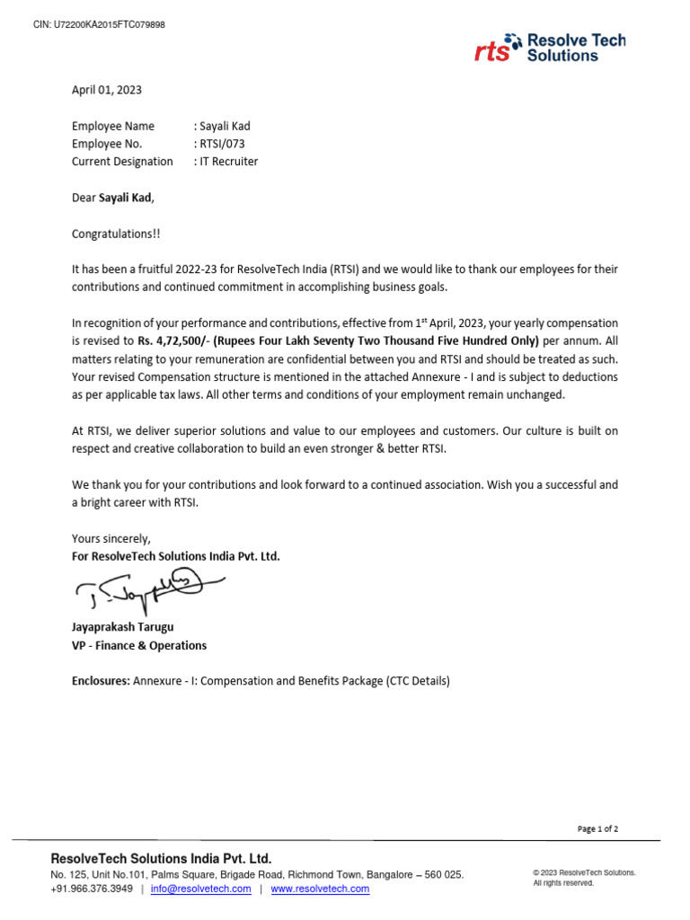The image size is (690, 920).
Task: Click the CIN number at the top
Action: [x=99, y=24]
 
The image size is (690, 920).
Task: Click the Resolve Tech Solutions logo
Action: [x=550, y=48]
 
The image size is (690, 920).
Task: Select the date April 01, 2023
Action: [x=107, y=90]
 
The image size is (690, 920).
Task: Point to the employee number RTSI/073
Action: [x=222, y=144]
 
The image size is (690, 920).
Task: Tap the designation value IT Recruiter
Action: [x=228, y=162]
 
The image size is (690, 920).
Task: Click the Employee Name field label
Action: [x=113, y=126]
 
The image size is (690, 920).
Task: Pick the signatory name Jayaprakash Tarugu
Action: [x=123, y=627]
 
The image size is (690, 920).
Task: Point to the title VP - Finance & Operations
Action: [x=139, y=645]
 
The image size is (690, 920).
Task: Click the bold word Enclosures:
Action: [x=101, y=681]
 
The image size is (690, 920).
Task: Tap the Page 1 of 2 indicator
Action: [x=597, y=829]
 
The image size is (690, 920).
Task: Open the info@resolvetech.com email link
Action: [x=200, y=889]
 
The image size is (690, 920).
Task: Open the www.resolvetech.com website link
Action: [x=320, y=889]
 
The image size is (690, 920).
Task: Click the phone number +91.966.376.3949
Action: [x=92, y=889]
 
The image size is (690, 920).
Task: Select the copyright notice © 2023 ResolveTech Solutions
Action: [x=584, y=872]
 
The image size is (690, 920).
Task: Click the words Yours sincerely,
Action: [x=111, y=538]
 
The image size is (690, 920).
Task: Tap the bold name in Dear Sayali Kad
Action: [x=125, y=198]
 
